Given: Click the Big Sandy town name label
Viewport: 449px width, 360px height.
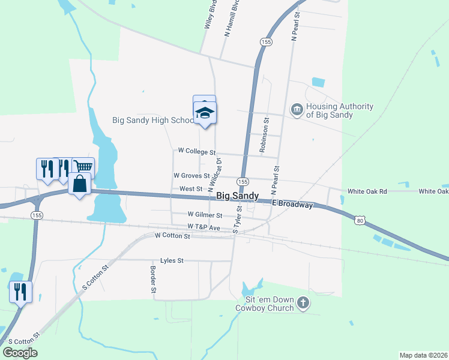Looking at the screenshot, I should tap(237, 196).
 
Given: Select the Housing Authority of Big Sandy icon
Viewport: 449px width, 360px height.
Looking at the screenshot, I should tap(297, 110).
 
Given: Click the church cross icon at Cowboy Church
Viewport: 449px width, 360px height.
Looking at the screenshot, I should tap(303, 303).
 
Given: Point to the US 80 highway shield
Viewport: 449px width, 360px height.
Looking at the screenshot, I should tap(359, 221).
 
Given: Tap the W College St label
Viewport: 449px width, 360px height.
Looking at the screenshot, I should tap(196, 151).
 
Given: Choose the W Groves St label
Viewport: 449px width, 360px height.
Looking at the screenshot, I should tap(191, 176).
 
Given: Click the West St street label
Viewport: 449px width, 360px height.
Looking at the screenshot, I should tap(191, 188).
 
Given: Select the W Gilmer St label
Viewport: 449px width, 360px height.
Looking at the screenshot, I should tap(205, 214).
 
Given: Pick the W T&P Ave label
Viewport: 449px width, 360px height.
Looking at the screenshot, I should tap(203, 227).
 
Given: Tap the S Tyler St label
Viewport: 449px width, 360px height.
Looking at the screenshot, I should tap(237, 219).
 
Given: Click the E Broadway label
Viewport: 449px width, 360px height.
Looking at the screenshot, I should tap(292, 205).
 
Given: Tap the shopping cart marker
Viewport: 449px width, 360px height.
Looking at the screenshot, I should tap(83, 167).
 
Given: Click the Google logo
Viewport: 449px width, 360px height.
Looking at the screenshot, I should tap(20, 353).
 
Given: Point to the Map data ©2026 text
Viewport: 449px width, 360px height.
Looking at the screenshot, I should tap(423, 355).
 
